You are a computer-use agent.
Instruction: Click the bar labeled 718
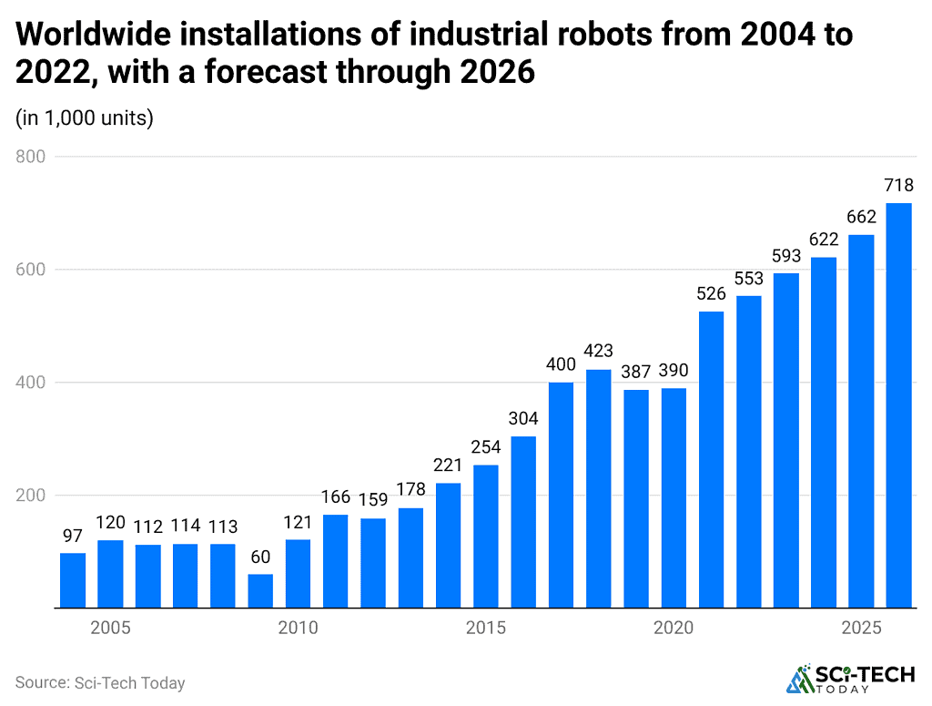[x=898, y=405]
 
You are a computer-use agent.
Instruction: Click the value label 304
[x=523, y=419]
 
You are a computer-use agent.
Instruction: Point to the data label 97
[x=73, y=536]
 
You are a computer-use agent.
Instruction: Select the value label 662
[x=861, y=217]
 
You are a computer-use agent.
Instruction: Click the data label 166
[x=336, y=497]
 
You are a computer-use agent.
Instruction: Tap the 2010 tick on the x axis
[x=298, y=629]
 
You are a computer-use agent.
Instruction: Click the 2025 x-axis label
[x=861, y=629]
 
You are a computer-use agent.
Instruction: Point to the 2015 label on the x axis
[x=486, y=629]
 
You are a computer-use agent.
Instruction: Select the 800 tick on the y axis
[x=31, y=157]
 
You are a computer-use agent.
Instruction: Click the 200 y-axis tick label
[x=31, y=496]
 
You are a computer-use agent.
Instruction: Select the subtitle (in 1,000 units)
[x=84, y=118]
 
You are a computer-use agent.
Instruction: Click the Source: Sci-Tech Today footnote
[x=100, y=682]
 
